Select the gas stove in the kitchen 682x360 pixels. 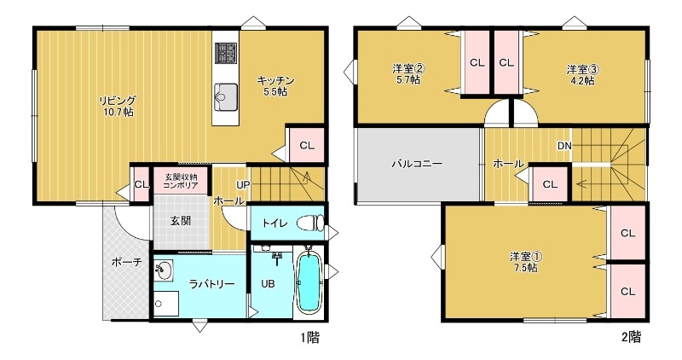(x=227, y=53)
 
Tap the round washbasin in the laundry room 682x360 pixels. (x=164, y=270)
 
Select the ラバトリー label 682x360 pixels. (x=211, y=285)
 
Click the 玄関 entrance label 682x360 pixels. (x=180, y=220)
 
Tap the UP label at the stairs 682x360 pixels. (x=243, y=183)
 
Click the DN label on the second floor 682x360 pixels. (x=564, y=147)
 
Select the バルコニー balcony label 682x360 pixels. (x=417, y=163)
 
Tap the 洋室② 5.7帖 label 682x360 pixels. (x=409, y=74)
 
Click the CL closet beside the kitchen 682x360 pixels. (x=307, y=145)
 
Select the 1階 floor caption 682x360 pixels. (x=309, y=337)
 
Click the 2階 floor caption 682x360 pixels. (x=630, y=337)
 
